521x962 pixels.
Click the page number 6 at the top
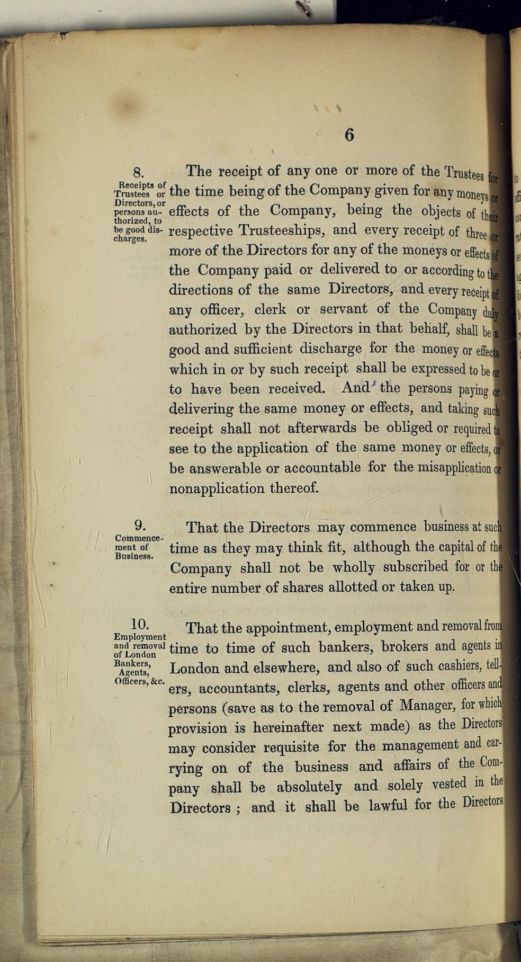349,135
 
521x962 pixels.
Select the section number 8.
139,172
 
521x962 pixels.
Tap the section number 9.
140,525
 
